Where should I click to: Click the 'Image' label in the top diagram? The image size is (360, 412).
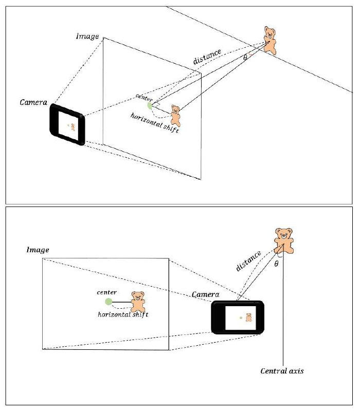(87, 36)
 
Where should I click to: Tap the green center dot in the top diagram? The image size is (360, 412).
(150, 105)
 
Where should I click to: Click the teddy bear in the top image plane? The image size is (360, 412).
(175, 116)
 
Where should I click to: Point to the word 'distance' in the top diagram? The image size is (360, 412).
(207, 57)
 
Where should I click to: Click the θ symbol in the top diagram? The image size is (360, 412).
(245, 58)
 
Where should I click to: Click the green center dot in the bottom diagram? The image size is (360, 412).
(108, 302)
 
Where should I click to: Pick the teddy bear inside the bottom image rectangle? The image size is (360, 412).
(138, 302)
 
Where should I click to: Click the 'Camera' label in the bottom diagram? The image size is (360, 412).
(206, 294)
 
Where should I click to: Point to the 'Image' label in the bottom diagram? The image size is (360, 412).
(38, 250)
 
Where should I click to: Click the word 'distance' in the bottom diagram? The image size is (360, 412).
(248, 261)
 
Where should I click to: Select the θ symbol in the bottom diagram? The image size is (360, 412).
(276, 264)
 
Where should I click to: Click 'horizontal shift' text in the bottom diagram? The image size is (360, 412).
(123, 314)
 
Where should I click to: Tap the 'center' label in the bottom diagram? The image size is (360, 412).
(106, 292)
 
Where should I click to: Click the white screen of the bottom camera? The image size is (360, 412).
(240, 317)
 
